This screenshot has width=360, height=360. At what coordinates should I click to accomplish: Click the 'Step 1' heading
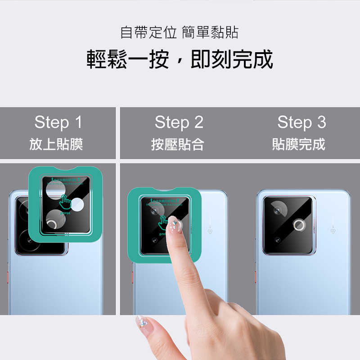coord(58,122)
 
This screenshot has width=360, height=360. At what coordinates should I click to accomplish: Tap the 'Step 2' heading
coord(179,122)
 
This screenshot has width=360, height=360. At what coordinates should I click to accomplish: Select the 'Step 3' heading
coord(301,122)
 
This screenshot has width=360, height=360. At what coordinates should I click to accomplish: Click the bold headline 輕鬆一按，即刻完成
coord(180,59)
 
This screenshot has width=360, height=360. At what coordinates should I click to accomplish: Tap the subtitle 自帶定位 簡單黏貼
coord(179,32)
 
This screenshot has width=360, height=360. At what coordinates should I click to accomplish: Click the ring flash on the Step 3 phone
coord(299,225)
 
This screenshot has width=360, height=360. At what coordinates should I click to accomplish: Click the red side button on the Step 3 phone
coord(256,275)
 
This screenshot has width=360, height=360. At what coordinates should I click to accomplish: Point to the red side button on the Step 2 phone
coord(133,275)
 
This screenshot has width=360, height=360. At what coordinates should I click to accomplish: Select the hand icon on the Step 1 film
coord(66,202)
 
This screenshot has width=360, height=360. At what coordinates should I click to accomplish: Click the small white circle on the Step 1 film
coord(78,204)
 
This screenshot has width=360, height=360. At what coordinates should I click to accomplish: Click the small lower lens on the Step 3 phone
coord(278,239)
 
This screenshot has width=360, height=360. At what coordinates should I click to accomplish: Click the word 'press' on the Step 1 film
coord(65,213)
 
